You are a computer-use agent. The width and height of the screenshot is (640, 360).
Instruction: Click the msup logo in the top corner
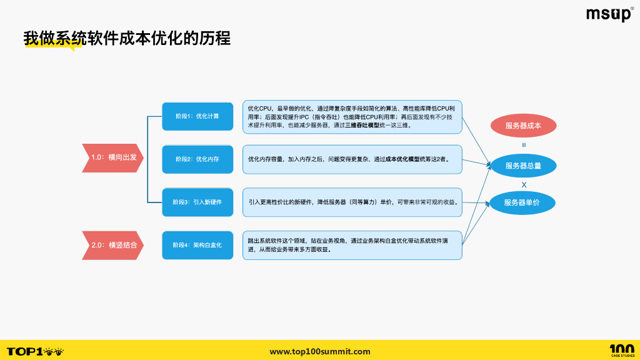point(609,14)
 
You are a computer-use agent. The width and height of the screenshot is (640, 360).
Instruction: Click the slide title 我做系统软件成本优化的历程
point(127,38)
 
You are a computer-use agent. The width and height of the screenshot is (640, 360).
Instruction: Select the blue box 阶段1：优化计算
point(197,116)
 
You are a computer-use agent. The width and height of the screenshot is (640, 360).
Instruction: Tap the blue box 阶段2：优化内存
point(197,159)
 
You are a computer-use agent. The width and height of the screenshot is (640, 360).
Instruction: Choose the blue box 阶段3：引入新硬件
point(197,202)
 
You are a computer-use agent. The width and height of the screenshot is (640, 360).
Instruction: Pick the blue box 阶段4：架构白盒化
point(197,245)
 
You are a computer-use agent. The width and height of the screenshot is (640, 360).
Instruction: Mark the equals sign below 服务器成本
point(524,145)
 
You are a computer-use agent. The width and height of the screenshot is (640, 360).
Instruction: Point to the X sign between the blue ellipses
point(524,184)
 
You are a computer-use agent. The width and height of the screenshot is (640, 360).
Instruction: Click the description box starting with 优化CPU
point(352,117)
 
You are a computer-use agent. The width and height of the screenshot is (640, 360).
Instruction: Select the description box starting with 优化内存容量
point(352,159)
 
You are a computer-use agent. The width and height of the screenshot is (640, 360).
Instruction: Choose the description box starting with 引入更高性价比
point(352,202)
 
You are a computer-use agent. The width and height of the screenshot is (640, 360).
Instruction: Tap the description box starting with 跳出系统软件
point(352,245)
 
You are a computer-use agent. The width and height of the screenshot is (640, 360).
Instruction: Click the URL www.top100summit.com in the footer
point(319,351)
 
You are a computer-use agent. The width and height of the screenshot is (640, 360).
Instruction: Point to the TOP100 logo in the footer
point(35,351)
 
